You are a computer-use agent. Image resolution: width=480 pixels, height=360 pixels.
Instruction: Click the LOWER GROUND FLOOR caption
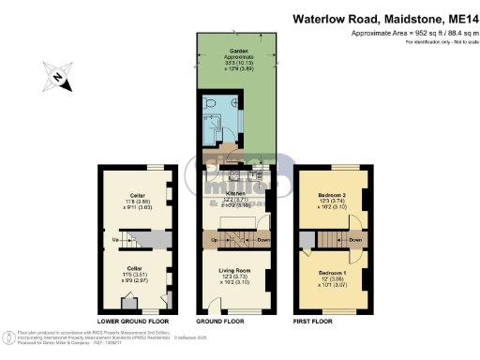click(133, 322)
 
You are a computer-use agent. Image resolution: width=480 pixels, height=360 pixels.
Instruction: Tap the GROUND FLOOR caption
click(236, 322)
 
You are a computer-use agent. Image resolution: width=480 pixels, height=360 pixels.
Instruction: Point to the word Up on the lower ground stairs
click(115, 239)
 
